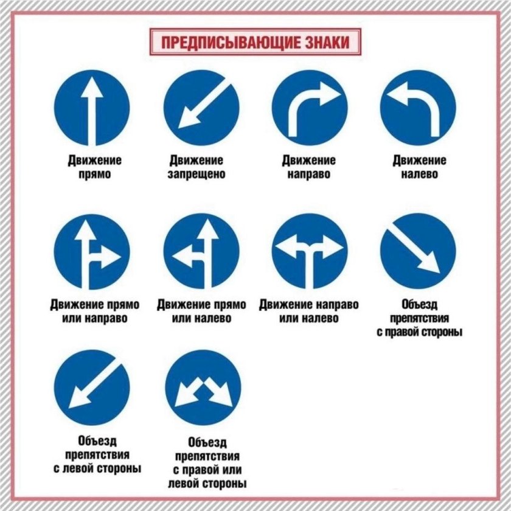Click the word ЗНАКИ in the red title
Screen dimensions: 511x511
tap(327, 43)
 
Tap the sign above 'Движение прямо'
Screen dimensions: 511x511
tap(92, 108)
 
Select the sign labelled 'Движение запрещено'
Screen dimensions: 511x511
tap(201, 108)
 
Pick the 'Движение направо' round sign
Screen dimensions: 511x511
tap(310, 108)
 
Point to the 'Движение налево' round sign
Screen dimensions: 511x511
tap(418, 108)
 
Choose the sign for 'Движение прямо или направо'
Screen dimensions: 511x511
tap(92, 252)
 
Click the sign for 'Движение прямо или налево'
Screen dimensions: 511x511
tap(201, 252)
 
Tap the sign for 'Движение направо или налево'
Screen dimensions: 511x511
tap(310, 252)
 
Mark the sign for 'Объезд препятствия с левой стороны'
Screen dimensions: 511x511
tap(92, 388)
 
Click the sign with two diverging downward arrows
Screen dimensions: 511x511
tap(203, 388)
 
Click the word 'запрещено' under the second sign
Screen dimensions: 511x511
tap(196, 175)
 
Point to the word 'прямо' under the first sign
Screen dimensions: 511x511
tap(95, 175)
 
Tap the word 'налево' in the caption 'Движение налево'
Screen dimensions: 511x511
tap(419, 175)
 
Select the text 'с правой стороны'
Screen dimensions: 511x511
tap(419, 332)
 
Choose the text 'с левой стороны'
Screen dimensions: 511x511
tap(97, 468)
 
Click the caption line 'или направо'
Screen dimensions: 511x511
tap(95, 318)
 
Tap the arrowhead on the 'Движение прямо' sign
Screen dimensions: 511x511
tap(92, 87)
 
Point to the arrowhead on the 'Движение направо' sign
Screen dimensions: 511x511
tap(330, 94)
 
